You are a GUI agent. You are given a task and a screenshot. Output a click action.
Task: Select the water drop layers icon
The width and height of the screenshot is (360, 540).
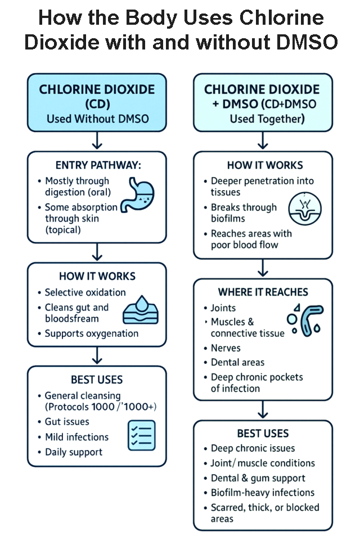point(137,309)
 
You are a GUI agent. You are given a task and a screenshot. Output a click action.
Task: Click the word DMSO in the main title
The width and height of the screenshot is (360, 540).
point(308,42)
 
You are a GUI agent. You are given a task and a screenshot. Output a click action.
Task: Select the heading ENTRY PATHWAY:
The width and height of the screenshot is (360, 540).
point(97,165)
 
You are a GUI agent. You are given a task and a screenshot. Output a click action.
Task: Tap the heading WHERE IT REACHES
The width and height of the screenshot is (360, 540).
point(263,292)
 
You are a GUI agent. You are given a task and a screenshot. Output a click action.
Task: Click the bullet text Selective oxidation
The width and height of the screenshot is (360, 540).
point(85,292)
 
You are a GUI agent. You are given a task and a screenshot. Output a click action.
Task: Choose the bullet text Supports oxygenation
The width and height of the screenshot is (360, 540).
point(91,334)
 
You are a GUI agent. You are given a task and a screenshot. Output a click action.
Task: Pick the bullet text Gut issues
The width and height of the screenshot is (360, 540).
point(67,422)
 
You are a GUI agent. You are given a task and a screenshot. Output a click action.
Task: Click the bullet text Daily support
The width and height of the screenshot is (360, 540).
point(73,452)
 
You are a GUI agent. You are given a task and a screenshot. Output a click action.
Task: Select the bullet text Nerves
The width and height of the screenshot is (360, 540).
point(226,348)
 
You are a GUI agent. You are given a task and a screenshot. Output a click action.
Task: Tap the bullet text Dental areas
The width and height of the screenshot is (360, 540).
point(237,363)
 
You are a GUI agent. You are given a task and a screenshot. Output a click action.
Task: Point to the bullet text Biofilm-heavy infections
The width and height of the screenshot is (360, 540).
point(262,493)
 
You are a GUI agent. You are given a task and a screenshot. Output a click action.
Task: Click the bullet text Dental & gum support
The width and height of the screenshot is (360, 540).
point(258,478)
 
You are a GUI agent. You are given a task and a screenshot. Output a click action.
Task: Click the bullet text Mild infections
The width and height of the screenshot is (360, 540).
point(76,437)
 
